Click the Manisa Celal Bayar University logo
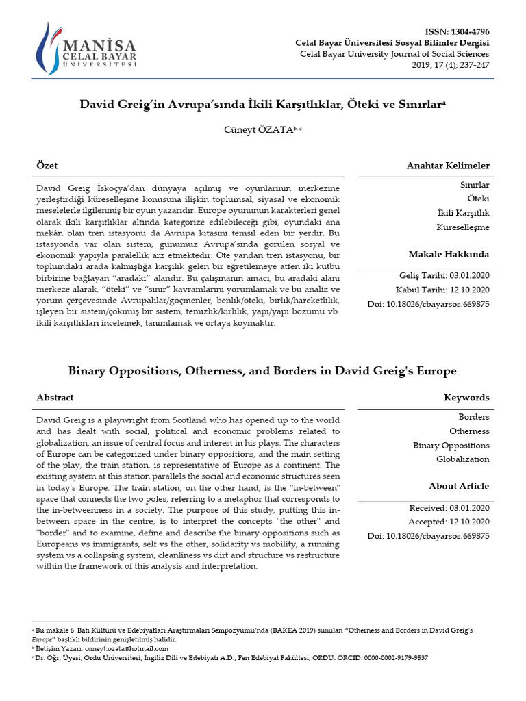[x=87, y=49]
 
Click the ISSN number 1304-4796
[x=467, y=32]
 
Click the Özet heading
[x=47, y=166]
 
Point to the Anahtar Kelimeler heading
[x=448, y=166]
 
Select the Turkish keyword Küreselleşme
[x=463, y=227]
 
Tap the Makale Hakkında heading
[x=449, y=254]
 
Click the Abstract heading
[x=55, y=397]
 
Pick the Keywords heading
[x=466, y=397]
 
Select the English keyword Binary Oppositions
[x=451, y=445]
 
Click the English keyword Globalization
[x=463, y=459]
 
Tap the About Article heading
[x=459, y=486]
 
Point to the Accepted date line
[x=449, y=522]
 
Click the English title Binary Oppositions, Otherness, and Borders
[x=262, y=370]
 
